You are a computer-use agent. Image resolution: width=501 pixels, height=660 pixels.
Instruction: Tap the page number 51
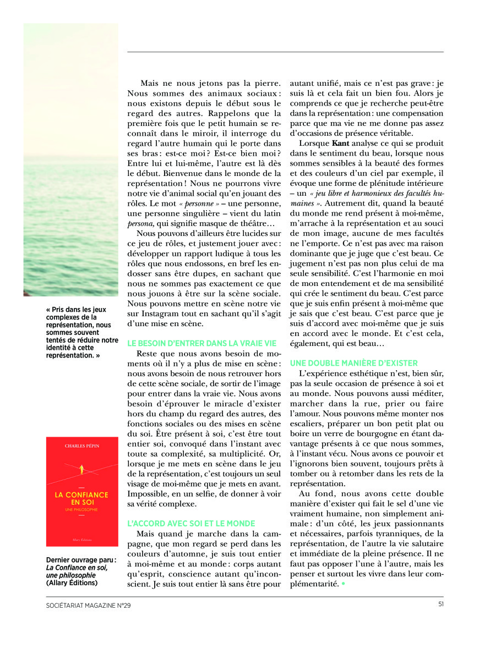click(440, 605)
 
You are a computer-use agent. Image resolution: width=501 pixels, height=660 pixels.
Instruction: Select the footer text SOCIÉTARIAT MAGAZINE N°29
click(88, 606)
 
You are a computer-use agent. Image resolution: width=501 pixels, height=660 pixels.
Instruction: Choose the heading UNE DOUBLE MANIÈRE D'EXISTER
click(354, 363)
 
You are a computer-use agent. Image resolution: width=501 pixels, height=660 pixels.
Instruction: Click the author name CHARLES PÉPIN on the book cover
click(81, 446)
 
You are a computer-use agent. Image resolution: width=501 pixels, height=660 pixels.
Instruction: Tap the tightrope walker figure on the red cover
click(81, 470)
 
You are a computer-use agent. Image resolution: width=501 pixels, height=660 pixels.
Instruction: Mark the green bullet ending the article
click(342, 584)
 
